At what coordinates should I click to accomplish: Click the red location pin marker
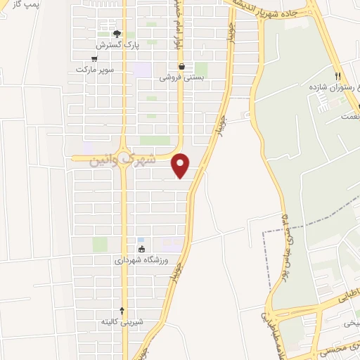(x=181, y=165)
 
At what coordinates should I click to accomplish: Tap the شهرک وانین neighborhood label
(x=123, y=160)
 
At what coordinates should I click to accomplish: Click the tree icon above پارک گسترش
(x=118, y=34)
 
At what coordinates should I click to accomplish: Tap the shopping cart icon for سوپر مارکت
(x=94, y=59)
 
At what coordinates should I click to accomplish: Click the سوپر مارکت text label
(x=94, y=70)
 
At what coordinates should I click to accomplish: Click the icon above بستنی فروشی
(x=181, y=67)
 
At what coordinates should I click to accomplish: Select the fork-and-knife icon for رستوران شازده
(x=338, y=76)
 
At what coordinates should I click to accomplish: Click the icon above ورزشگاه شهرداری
(x=141, y=249)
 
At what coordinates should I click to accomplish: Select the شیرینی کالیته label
(x=122, y=321)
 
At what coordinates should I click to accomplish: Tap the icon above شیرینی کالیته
(x=122, y=310)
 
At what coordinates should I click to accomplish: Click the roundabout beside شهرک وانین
(x=124, y=157)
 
